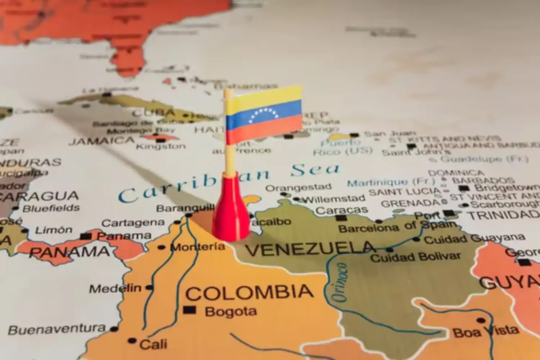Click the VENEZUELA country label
point(309,250)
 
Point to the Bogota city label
point(231,312)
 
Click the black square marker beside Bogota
point(189,310)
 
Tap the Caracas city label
point(342,210)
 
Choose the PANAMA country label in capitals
point(69,252)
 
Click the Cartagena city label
point(133,223)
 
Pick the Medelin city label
point(115,288)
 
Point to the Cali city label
point(153,344)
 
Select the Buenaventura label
point(57,330)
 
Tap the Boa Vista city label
point(486,330)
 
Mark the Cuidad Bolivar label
point(415,257)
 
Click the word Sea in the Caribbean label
point(315,170)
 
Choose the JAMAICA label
point(102,141)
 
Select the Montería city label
point(197,247)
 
